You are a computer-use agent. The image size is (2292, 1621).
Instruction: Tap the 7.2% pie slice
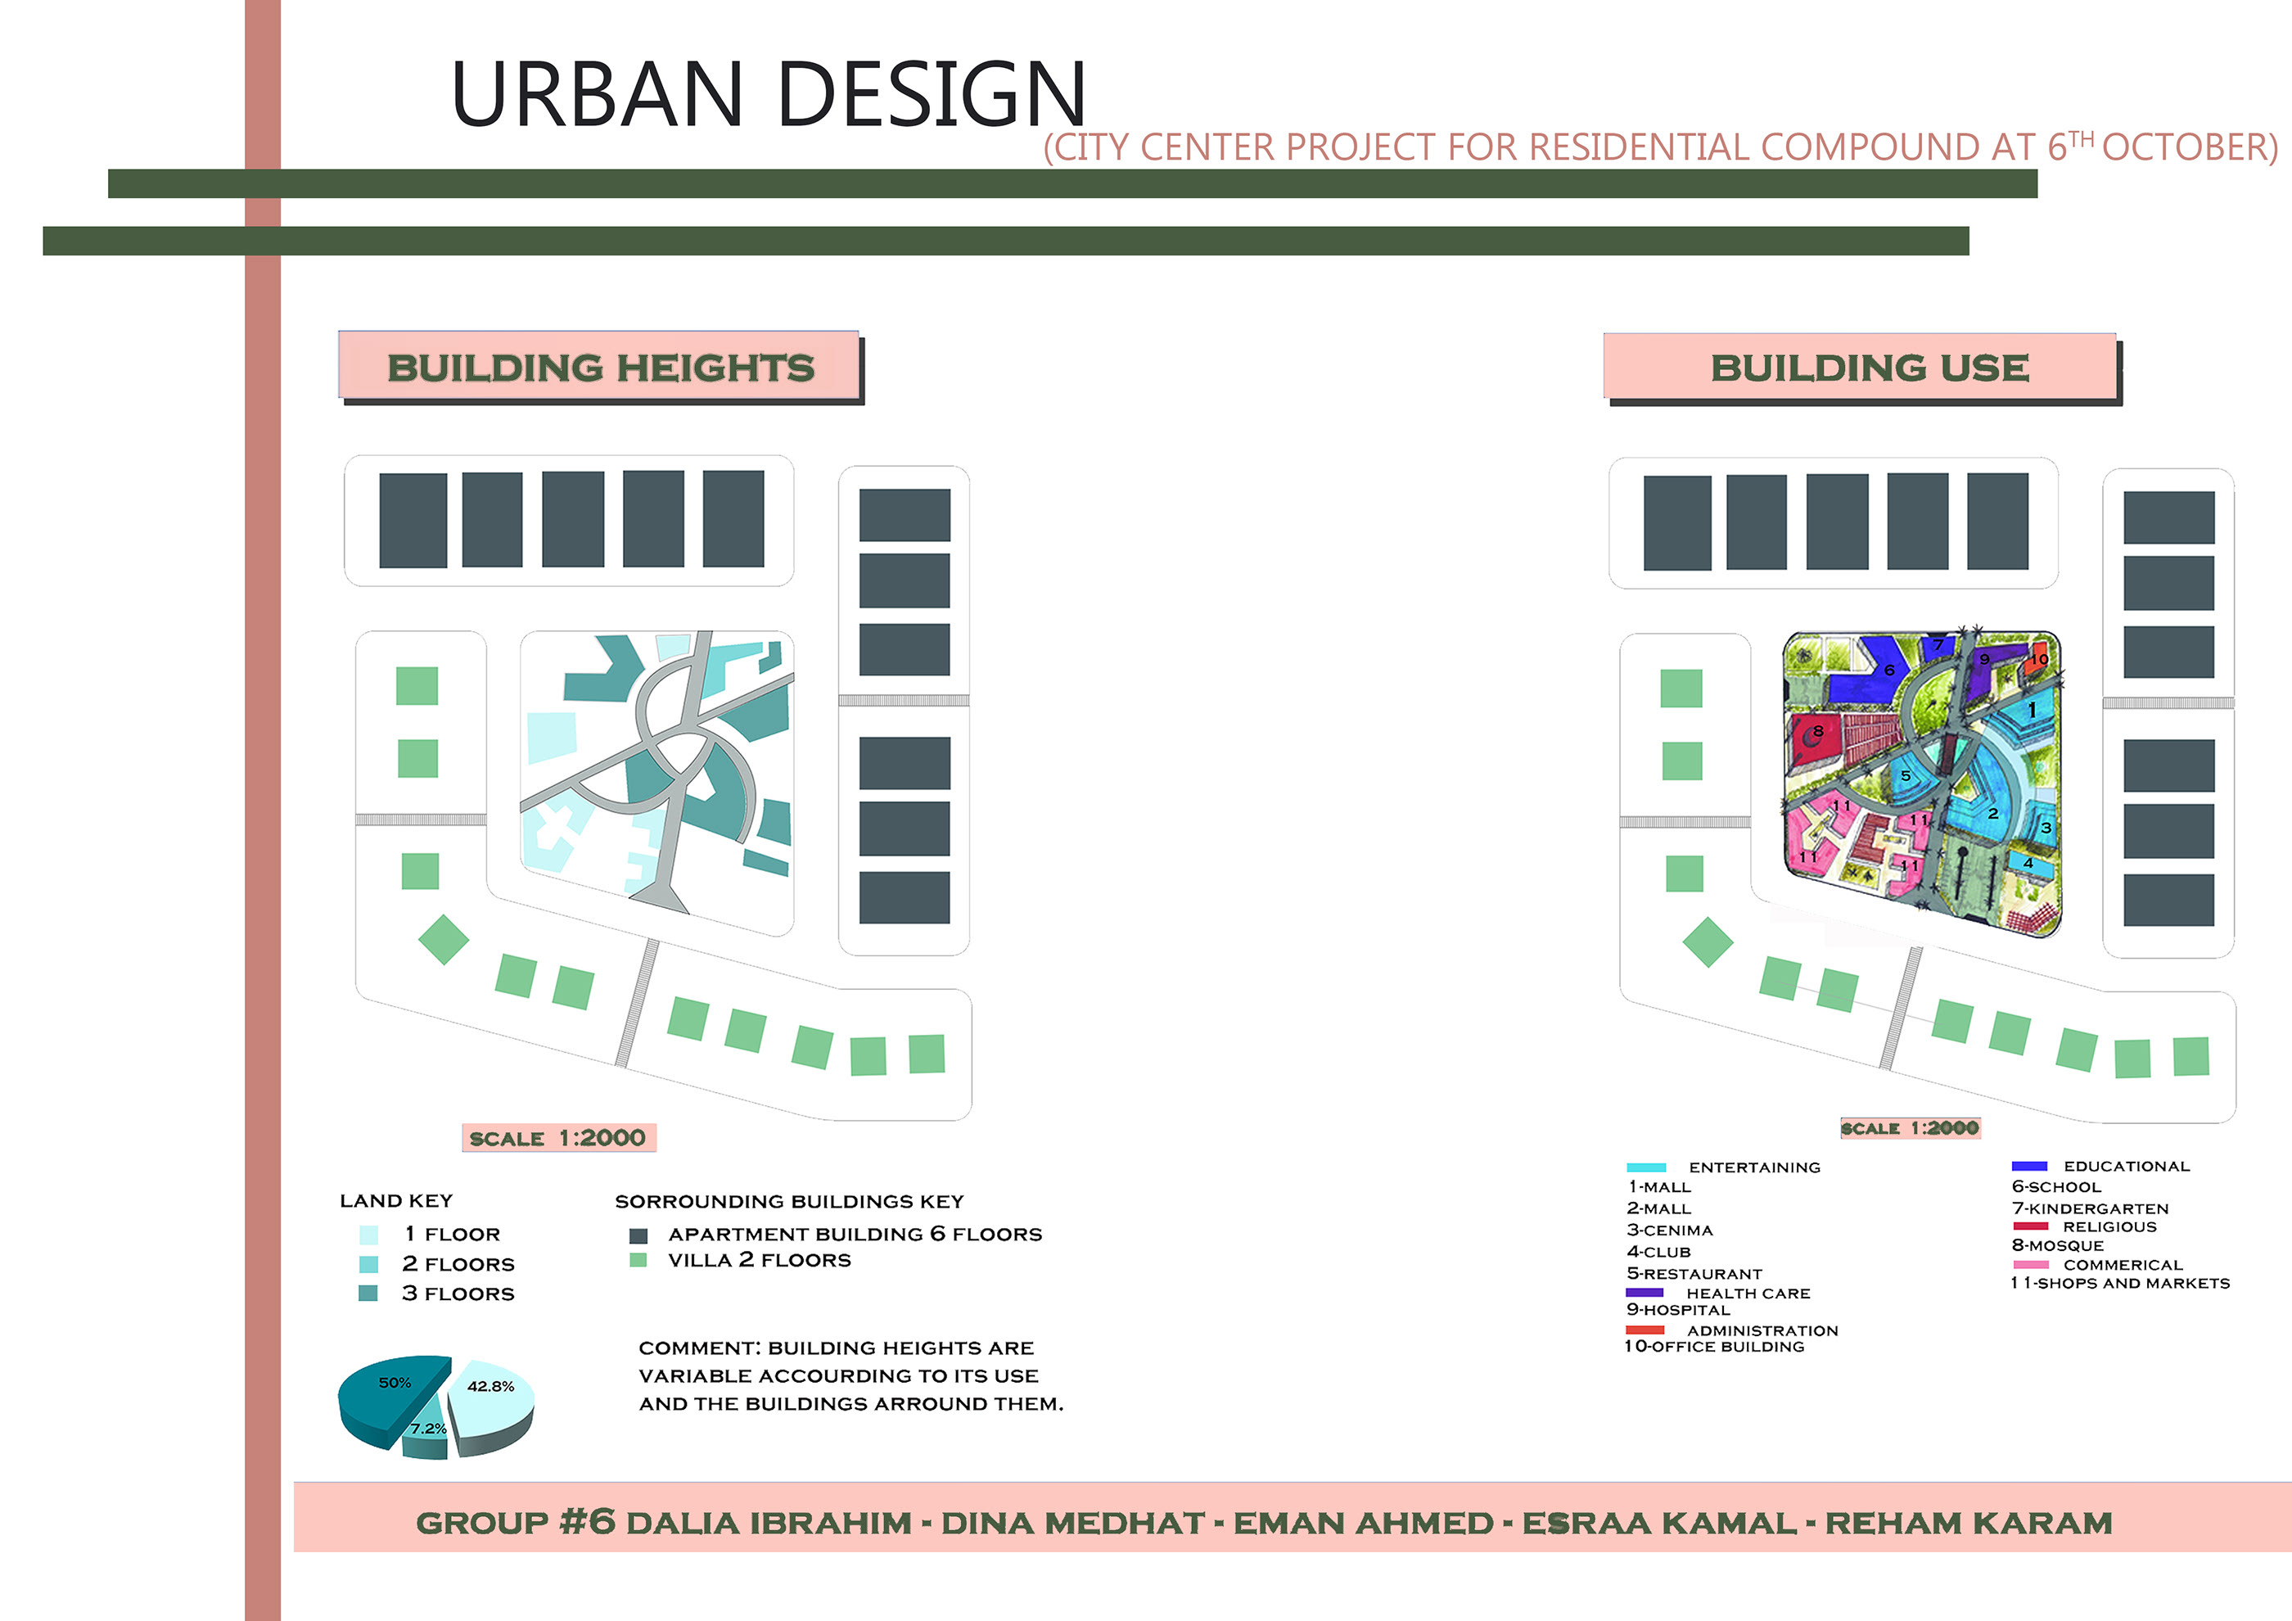[427, 1435]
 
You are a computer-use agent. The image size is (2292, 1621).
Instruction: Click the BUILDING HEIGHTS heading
[600, 368]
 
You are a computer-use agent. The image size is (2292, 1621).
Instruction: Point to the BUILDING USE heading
[1869, 368]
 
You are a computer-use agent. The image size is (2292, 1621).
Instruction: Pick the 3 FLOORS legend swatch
[368, 1294]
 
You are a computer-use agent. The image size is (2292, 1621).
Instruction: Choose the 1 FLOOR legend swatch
[368, 1235]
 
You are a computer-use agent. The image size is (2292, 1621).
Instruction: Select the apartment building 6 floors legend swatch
[638, 1235]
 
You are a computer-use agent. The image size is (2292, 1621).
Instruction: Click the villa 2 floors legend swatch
[638, 1260]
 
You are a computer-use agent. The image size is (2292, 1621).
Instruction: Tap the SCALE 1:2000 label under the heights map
[558, 1138]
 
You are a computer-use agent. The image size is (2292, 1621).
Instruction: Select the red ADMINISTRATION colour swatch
[1645, 1330]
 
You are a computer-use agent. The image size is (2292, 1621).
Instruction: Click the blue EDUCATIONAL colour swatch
[2028, 1166]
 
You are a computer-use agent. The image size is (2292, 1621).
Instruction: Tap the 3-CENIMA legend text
[1669, 1230]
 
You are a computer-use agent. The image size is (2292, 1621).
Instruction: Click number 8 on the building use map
[1818, 732]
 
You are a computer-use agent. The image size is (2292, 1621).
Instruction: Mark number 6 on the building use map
[1888, 671]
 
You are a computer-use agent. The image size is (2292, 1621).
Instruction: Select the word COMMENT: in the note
[699, 1348]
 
